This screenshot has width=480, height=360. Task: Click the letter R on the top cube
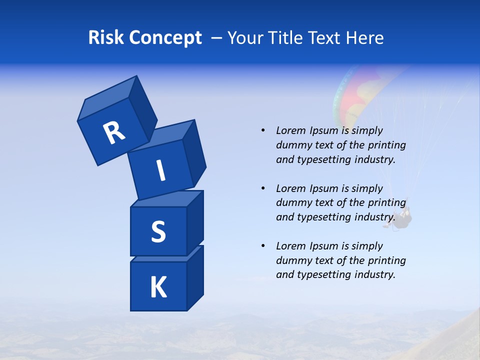[114, 133]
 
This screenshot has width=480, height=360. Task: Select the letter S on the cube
[158, 232]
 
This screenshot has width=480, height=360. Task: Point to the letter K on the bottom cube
[158, 287]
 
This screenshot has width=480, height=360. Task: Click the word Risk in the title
[106, 38]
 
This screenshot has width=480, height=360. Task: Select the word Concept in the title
[165, 38]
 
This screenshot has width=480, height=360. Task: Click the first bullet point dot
[263, 130]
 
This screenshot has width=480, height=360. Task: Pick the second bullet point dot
[263, 188]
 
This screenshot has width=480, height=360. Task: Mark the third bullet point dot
[263, 246]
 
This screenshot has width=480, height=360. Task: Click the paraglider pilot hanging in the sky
[403, 217]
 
